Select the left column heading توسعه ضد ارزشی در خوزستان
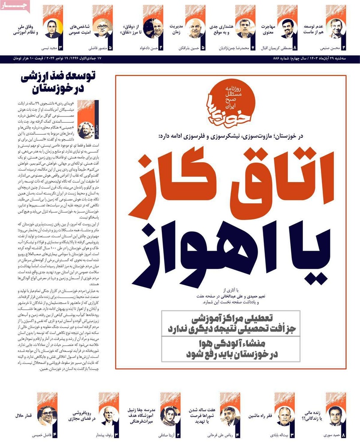pyautogui.click(x=55, y=82)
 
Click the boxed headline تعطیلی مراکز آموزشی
pyautogui.click(x=230, y=324)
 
